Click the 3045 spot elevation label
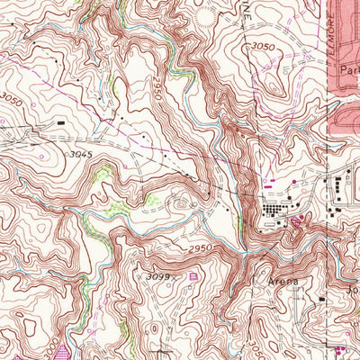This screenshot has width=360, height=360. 82,155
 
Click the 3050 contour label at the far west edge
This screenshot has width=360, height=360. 10,97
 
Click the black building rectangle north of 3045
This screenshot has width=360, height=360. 61,121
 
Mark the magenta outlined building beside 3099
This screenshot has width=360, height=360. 193,275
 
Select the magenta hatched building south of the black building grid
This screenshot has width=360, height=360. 298,220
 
